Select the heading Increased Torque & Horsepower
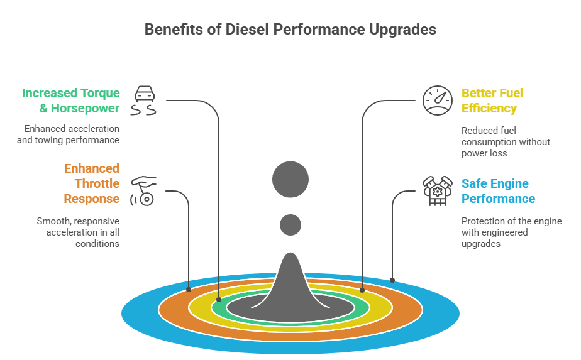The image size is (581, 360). pos(70,101)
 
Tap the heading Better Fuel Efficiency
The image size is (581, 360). pos(492,101)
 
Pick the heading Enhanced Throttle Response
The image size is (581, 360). pos(91,183)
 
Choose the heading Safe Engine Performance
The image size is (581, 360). pos(498,191)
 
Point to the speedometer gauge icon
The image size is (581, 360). pos(437,101)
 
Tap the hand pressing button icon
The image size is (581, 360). pos(144,190)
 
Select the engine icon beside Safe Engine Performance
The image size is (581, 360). pos(437,191)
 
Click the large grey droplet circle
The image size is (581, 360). pos(290,180)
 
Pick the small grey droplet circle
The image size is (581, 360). pos(290,224)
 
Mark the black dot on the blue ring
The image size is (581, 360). pos(392,280)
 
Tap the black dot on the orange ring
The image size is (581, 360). pos(189,290)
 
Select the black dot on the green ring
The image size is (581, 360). pos(219,300)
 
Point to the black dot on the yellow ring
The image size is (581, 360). pos(362,290)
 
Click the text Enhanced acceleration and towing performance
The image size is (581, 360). pos(68,134)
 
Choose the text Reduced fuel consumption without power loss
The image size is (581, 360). pos(506,142)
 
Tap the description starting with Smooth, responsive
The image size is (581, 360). pos(78,232)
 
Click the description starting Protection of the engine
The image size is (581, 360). pos(511,232)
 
